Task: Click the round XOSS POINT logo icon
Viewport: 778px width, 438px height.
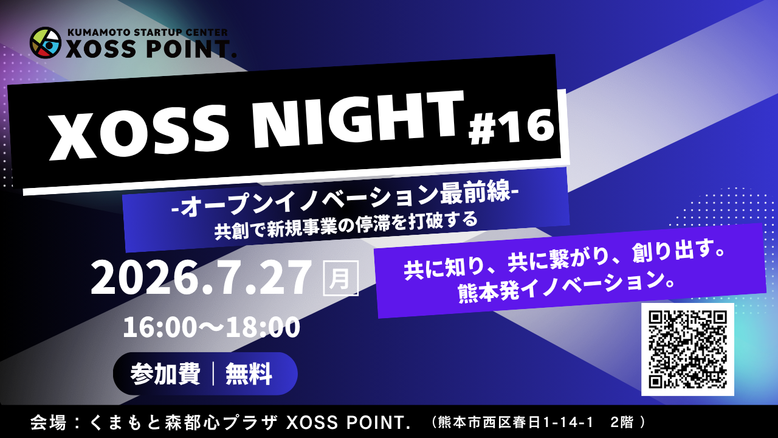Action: pos(46,43)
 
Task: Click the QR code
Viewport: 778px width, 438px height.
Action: pos(687,349)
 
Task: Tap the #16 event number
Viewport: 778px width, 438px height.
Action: pos(511,128)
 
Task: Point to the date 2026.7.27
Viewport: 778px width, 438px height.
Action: pos(201,279)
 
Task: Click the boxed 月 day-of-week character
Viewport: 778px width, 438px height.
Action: pos(340,279)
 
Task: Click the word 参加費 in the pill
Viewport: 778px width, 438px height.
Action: pos(166,374)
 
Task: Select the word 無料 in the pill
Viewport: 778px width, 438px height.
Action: pos(249,374)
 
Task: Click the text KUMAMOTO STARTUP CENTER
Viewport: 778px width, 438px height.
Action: pos(148,32)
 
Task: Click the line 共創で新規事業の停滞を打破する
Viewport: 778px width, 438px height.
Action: pos(346,225)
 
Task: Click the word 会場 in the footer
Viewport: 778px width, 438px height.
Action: pos(48,422)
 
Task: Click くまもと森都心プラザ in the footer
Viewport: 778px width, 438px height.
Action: pos(184,422)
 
